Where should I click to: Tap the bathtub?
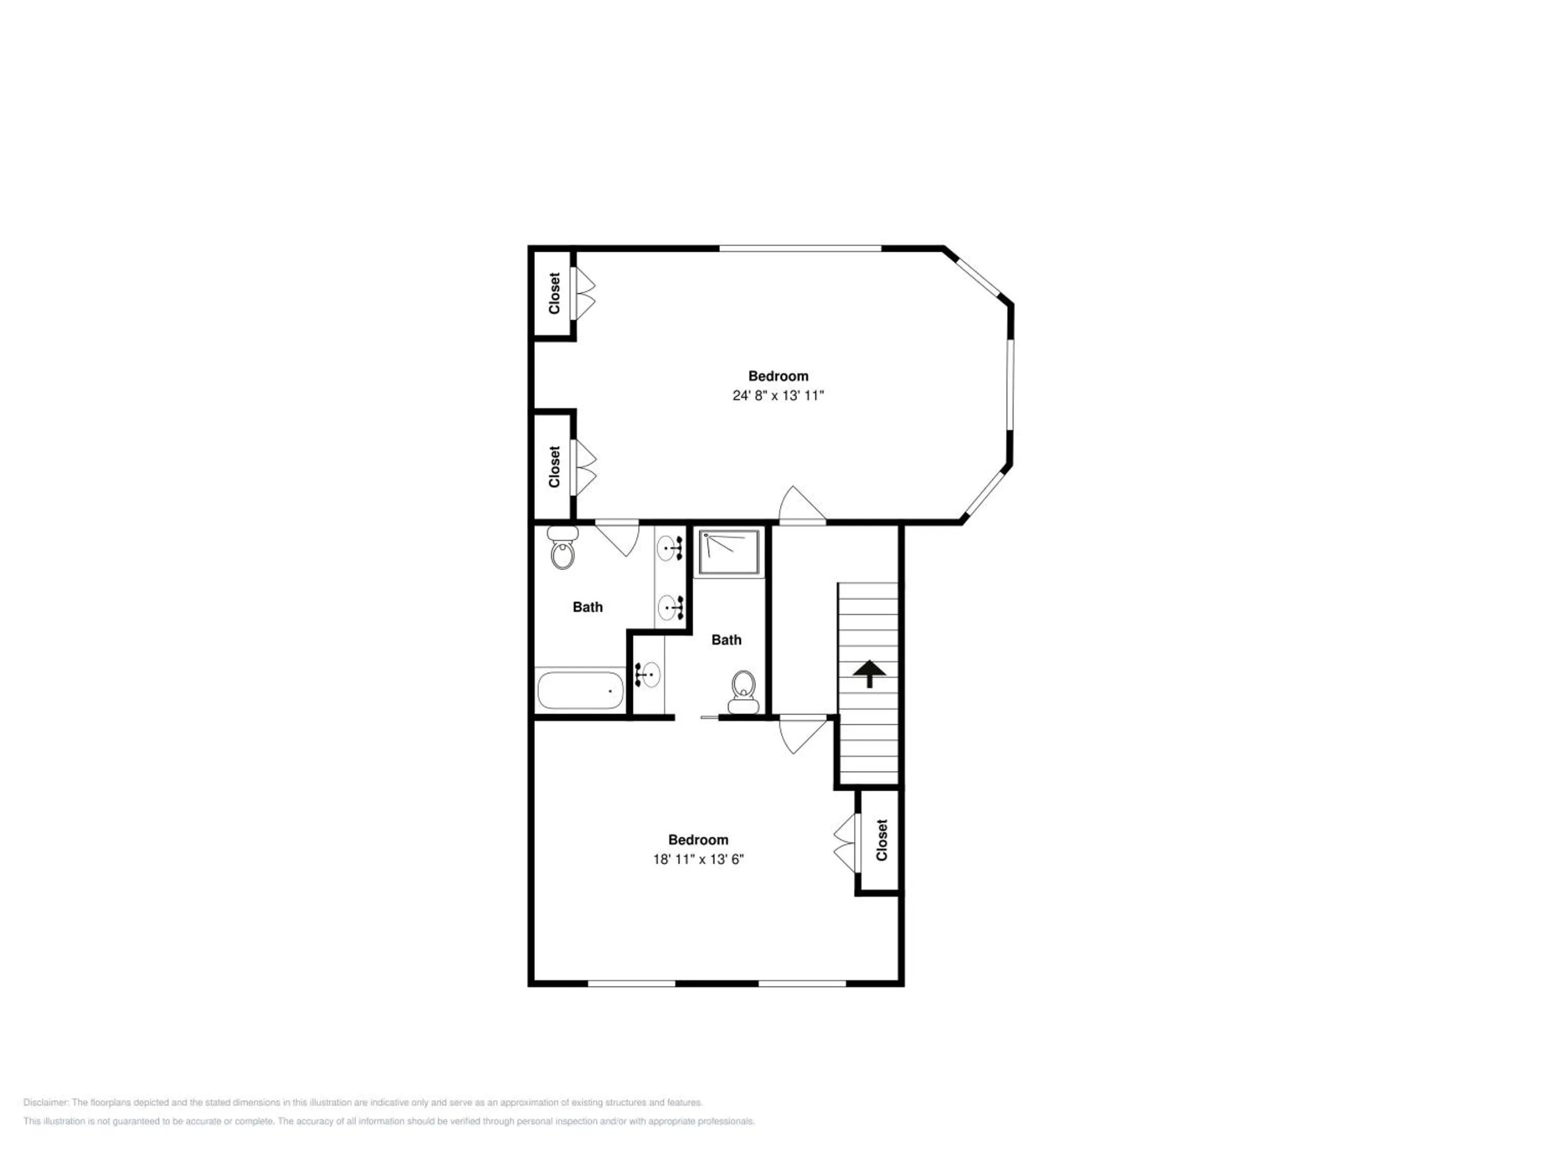[x=581, y=690]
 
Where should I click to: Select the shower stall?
[x=729, y=552]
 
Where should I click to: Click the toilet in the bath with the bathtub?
[x=562, y=548]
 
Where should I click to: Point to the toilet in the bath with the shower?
[x=744, y=693]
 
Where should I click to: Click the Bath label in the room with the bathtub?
[x=588, y=607]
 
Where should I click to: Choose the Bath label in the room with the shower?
[x=726, y=640]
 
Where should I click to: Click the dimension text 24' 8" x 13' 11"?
[x=778, y=395]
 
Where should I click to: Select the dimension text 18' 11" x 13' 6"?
[x=698, y=859]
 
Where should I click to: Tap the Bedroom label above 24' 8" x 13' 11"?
[x=778, y=376]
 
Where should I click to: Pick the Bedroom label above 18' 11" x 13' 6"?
[x=698, y=840]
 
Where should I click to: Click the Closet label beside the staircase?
[x=882, y=840]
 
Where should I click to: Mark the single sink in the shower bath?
[x=648, y=674]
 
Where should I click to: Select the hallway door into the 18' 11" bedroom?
[x=803, y=734]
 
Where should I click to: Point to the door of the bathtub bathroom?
[x=617, y=538]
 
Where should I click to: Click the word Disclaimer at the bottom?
[x=45, y=1102]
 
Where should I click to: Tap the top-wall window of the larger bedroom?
[x=800, y=248]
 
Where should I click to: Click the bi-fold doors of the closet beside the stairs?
[x=844, y=843]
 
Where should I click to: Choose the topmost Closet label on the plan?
[x=554, y=293]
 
